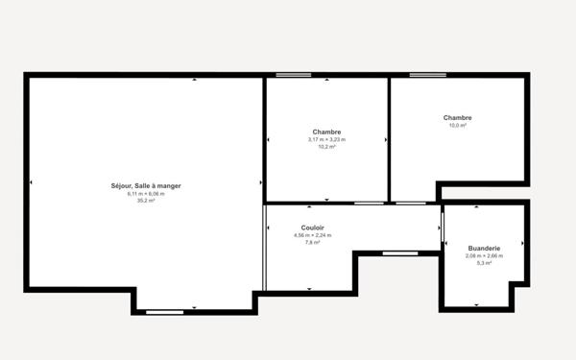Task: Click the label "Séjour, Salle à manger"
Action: (146, 185)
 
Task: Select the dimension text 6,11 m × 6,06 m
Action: (146, 193)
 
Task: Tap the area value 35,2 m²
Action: (146, 201)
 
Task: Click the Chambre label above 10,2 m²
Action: (326, 132)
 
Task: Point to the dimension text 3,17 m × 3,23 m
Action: (326, 139)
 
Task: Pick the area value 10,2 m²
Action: (326, 147)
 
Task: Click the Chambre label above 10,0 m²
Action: (457, 118)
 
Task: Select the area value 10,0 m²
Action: (457, 126)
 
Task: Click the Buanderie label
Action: (484, 248)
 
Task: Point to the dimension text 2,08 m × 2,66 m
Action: (484, 255)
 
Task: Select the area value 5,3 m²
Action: (484, 263)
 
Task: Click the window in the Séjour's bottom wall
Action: (164, 311)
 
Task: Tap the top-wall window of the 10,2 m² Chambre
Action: (293, 75)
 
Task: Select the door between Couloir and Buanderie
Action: (443, 228)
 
